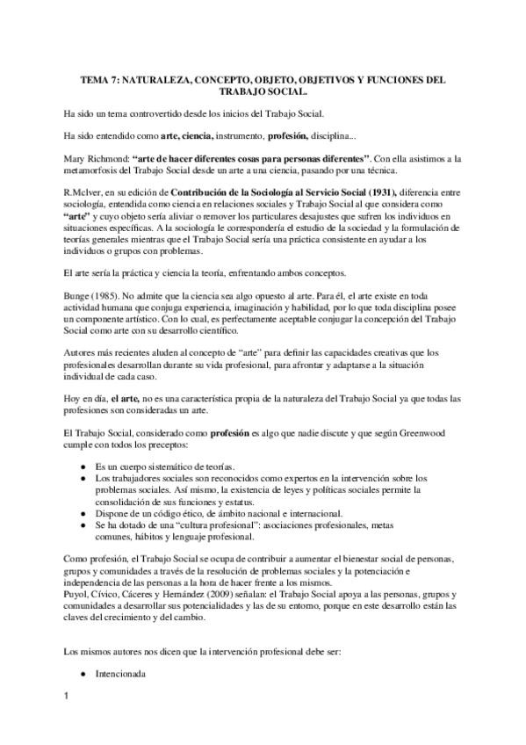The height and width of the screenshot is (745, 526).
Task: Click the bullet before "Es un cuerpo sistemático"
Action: (x=83, y=466)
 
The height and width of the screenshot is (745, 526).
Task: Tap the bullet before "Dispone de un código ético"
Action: (x=83, y=513)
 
